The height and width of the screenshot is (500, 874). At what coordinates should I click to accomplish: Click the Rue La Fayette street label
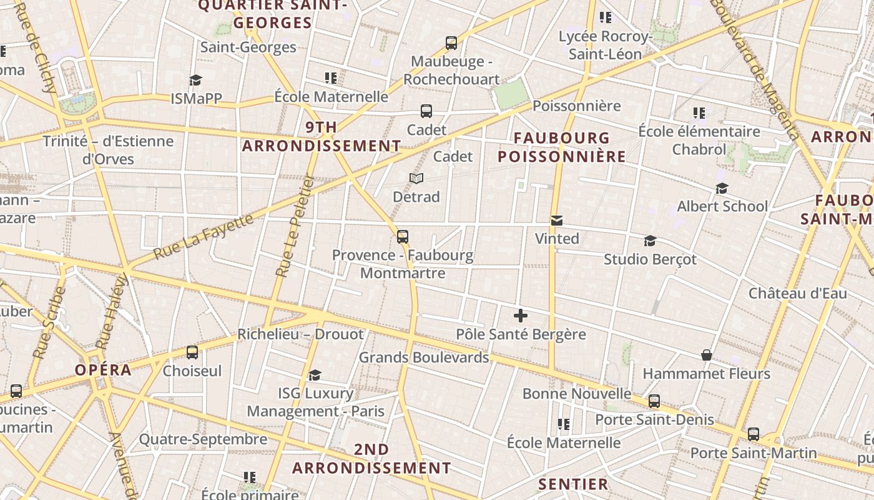tap(204, 237)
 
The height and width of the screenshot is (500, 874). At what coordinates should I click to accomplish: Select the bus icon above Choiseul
tap(192, 352)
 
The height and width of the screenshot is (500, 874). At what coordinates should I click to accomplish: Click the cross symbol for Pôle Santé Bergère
tap(520, 316)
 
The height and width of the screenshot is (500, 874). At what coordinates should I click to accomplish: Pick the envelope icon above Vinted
tap(557, 220)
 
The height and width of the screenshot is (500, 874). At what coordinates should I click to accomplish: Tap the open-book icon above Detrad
tap(416, 179)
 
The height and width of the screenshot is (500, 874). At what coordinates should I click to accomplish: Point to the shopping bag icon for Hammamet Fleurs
tap(707, 355)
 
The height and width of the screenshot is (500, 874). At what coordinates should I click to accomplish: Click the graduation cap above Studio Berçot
tap(650, 241)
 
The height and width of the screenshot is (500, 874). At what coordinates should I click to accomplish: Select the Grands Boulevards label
tap(423, 357)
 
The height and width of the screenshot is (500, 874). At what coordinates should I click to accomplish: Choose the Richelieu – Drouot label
tap(300, 334)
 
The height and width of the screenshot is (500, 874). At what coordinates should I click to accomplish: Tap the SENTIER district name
tap(573, 484)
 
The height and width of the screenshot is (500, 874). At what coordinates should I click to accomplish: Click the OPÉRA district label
tap(103, 369)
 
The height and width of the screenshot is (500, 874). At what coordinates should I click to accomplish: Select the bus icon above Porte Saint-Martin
tap(754, 434)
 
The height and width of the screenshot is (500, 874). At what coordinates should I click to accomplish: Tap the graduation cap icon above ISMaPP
tap(196, 80)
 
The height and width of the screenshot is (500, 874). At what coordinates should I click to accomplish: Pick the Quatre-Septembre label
tap(203, 439)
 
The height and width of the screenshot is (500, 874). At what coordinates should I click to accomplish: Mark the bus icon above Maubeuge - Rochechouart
tap(451, 43)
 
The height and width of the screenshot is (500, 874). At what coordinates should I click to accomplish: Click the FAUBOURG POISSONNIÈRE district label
tap(562, 147)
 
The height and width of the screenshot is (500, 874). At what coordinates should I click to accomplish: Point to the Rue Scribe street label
tap(49, 322)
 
